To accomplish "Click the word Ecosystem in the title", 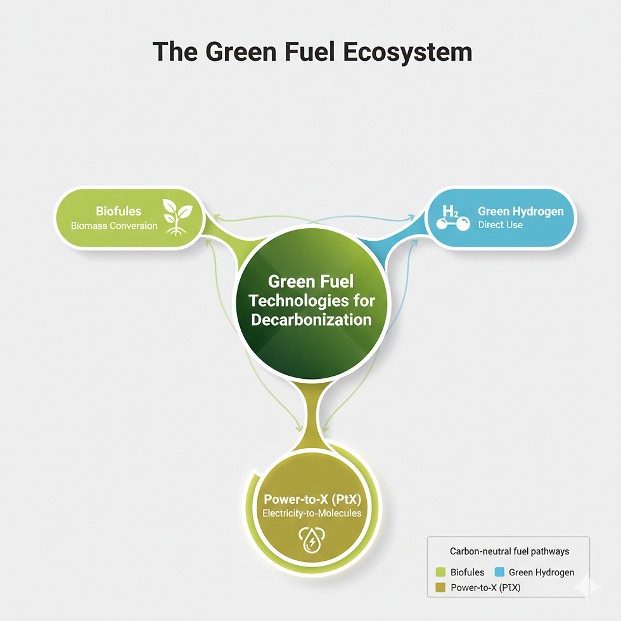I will pos(407,53).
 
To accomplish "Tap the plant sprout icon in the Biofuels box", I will pos(177,217).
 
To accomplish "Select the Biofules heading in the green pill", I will pos(118,211).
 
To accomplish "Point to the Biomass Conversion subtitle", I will pos(114,226).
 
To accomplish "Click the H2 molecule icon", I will pos(452,218).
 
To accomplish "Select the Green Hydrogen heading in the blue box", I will pos(520,211).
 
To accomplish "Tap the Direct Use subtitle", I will pos(501,225).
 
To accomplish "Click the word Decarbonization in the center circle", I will pos(310,319).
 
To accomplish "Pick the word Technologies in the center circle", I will pos(310,300).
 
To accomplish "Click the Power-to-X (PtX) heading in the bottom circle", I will pos(311,499).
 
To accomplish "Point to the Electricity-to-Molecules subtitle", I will pos(311,513).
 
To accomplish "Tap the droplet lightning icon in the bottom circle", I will pos(311,539).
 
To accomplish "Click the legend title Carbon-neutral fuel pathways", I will pos(509,551).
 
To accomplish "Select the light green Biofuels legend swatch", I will pos(442,572).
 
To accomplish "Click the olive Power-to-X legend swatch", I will pos(442,587).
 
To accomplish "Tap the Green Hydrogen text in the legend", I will pos(541,572).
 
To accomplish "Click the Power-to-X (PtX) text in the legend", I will pos(485,587).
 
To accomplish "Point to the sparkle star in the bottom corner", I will pos(587,587).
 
